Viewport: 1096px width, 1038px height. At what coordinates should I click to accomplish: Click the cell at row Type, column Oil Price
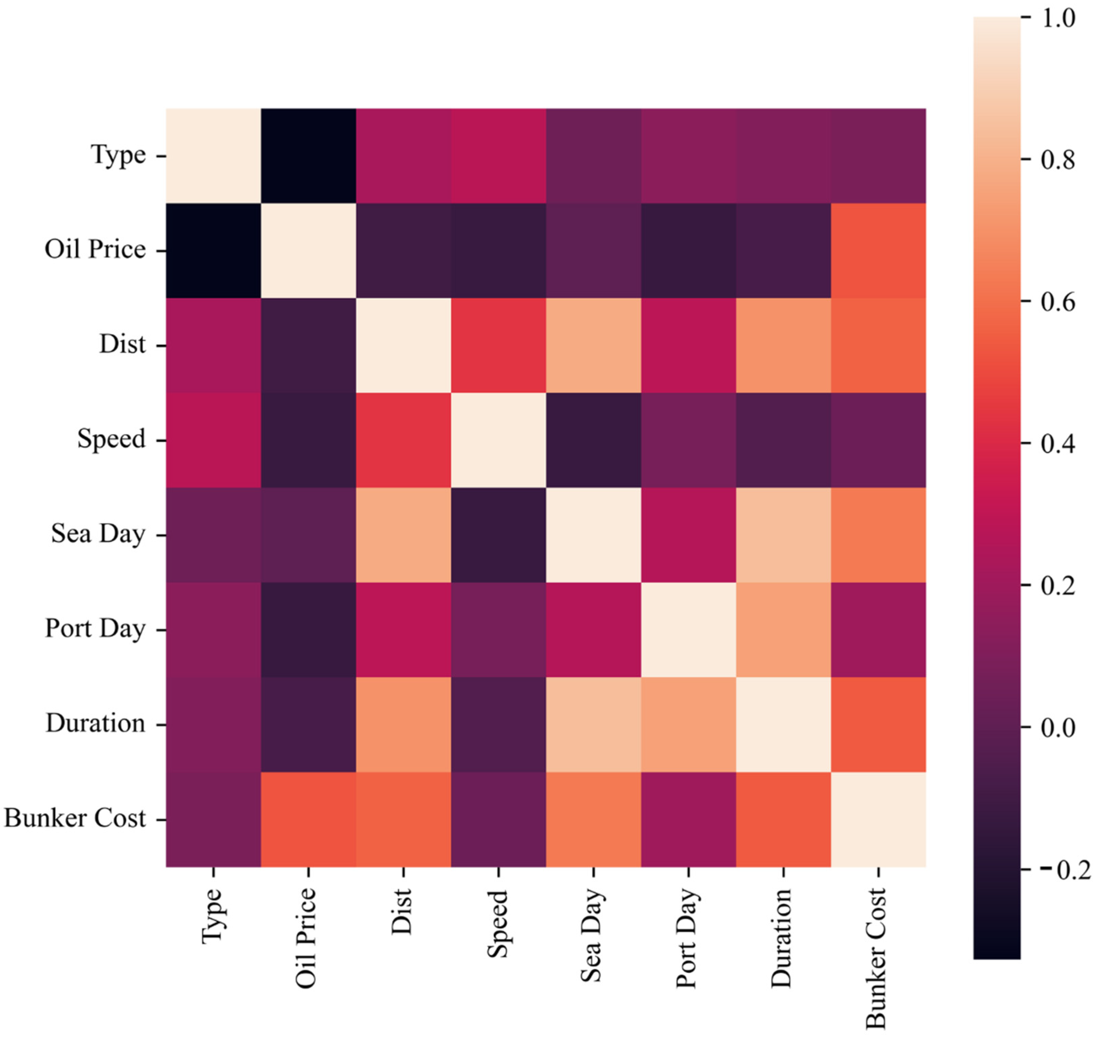click(308, 156)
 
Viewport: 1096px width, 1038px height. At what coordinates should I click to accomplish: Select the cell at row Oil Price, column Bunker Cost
click(878, 251)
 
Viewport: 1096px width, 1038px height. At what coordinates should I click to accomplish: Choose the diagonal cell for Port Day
click(688, 630)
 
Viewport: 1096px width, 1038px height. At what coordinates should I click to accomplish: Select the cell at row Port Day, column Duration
click(783, 630)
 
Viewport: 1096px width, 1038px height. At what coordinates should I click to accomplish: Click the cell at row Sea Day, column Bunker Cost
click(878, 535)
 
